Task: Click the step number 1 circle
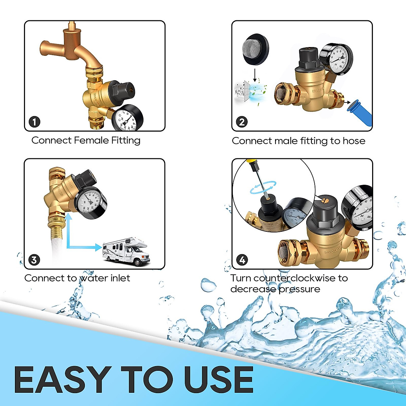[35, 122]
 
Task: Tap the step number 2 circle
[242, 122]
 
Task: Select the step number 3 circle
[34, 260]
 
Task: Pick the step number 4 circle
[242, 260]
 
